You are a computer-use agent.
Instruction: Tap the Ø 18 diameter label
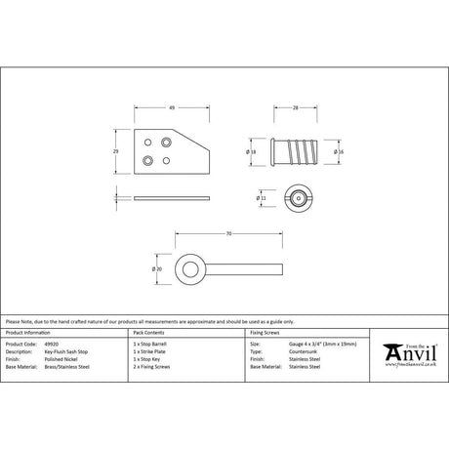pyautogui.click(x=252, y=153)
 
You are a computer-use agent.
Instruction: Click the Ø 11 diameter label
pyautogui.click(x=259, y=197)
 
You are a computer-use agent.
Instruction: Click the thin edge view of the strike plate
pyautogui.click(x=172, y=196)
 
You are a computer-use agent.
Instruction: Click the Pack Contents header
pyautogui.click(x=150, y=334)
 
